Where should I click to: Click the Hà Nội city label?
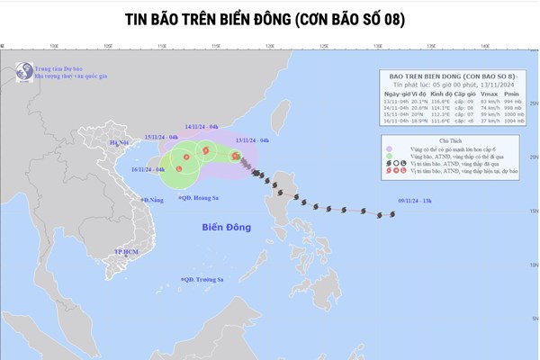pyautogui.click(x=120, y=142)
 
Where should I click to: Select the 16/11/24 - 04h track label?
pyautogui.click(x=146, y=169)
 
